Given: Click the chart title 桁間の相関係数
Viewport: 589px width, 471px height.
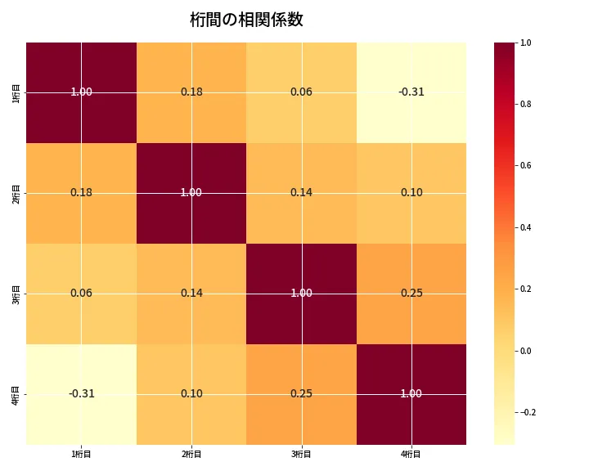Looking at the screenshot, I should coord(246,20).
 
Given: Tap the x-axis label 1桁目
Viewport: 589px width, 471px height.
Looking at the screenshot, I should coord(81,454).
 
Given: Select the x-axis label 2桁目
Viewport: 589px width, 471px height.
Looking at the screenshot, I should coord(191,454).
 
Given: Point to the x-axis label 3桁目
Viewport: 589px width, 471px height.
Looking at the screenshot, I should coord(301,454).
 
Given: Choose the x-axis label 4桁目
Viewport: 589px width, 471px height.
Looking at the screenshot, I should coord(411,454).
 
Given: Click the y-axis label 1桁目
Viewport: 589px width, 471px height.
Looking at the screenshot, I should coord(16,92).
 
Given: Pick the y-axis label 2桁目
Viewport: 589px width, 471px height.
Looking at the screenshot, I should coord(16,193).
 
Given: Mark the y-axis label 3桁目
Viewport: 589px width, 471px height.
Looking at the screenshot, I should coord(16,294).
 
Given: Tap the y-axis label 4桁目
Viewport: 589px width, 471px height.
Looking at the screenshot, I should coord(16,394).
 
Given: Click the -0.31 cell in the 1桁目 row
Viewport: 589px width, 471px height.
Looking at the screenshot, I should coord(411,92).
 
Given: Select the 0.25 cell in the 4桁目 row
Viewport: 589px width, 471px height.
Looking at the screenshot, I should coord(301,394).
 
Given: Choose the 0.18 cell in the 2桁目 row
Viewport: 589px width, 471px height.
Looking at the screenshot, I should coord(81,193).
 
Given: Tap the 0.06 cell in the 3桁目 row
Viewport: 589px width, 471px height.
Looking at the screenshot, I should coord(81,294).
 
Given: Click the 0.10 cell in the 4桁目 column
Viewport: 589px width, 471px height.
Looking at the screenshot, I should coord(411,193).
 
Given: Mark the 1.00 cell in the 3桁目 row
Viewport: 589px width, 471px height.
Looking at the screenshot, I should coord(301,294).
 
